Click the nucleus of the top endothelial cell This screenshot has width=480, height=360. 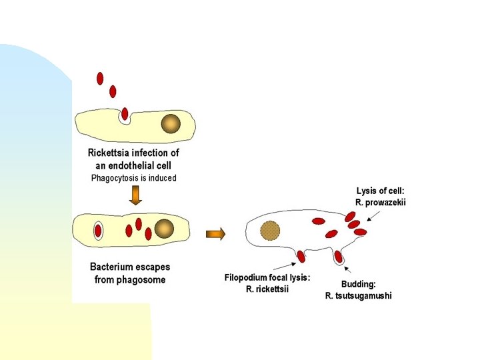coord(171,124)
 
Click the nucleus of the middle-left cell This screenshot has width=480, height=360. coord(164,229)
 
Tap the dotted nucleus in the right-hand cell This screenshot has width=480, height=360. coord(270,231)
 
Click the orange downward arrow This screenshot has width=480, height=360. coord(135,195)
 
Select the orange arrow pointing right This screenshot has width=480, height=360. coord(215,233)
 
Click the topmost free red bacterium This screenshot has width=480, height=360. coord(100,79)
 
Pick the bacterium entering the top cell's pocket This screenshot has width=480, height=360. coord(125,114)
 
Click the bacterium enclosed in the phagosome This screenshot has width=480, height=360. coord(98,231)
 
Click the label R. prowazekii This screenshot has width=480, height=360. coord(380,202)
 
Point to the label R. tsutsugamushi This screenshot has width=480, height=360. coord(358,296)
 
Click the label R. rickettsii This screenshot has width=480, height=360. coord(267,289)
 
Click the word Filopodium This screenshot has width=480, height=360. coord(245,277)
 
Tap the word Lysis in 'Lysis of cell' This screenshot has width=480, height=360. coord(367,191)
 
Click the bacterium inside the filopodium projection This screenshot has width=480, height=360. coord(301,256)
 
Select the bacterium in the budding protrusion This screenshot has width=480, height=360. coord(339,256)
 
